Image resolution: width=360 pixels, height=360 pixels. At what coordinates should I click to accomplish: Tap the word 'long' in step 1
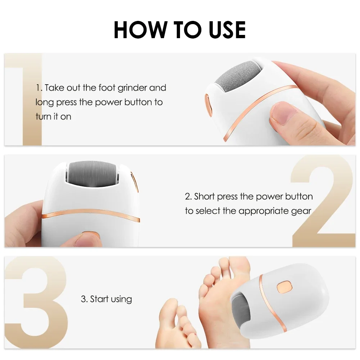click(x=44, y=102)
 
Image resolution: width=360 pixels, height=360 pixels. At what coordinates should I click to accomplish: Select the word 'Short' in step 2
click(x=205, y=197)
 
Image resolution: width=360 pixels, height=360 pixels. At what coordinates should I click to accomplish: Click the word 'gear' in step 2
click(x=301, y=211)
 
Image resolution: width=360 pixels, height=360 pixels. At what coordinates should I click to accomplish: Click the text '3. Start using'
click(x=106, y=299)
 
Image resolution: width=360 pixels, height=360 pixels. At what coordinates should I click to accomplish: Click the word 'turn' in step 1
click(x=43, y=117)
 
